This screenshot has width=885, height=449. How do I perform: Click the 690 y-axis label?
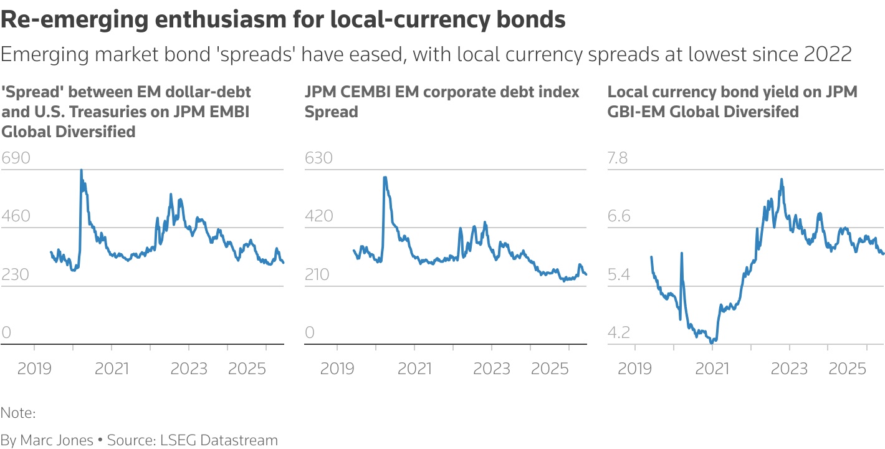tap(16, 158)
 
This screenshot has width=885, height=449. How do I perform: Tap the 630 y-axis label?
tap(318, 158)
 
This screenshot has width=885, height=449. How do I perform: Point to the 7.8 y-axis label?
tap(619, 158)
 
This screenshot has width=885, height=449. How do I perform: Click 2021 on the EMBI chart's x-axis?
tap(112, 368)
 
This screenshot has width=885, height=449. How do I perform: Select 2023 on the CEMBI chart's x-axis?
tap(492, 368)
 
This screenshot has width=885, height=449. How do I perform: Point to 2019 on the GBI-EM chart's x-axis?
tap(634, 368)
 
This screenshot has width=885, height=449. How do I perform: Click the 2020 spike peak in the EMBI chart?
tap(81, 170)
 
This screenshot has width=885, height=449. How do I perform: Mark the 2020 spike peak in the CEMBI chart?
tap(385, 178)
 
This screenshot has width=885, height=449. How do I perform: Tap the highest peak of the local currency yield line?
tap(781, 180)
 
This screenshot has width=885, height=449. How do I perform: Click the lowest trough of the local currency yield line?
tap(712, 342)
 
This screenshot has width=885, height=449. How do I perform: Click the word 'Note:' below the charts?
tap(18, 413)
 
